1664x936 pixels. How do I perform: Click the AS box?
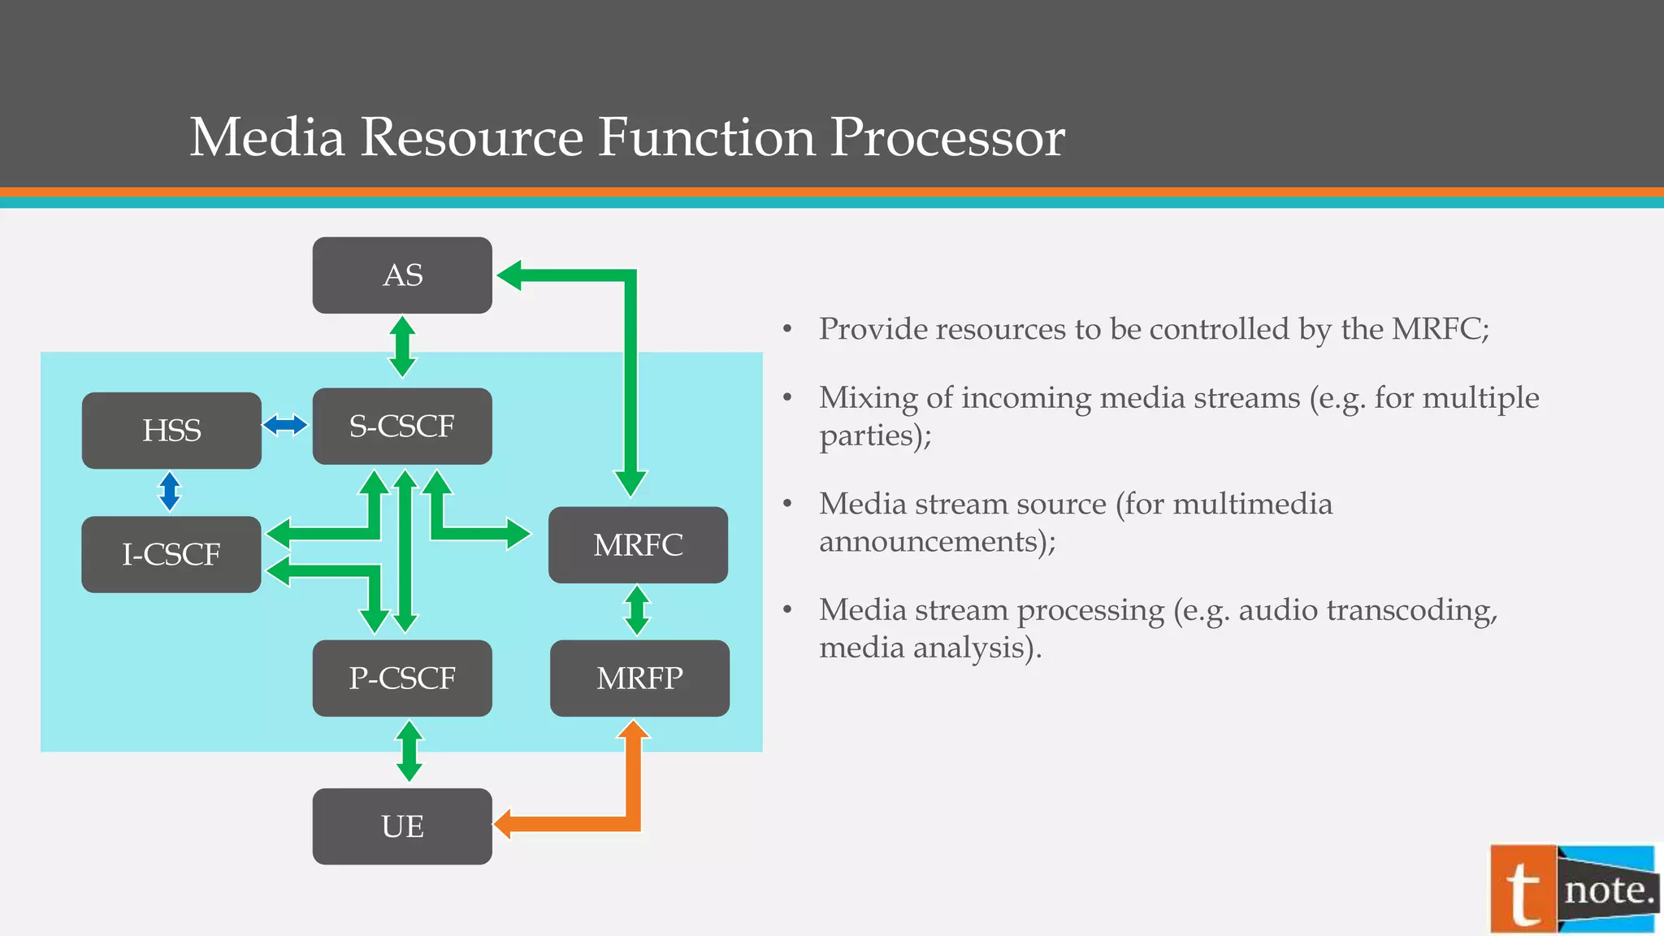pyautogui.click(x=402, y=275)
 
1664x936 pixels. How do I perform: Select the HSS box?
pyautogui.click(x=171, y=431)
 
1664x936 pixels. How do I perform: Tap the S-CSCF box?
pyautogui.click(x=402, y=427)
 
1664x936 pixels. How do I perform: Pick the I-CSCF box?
pyautogui.click(x=171, y=554)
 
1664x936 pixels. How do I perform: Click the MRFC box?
pyautogui.click(x=638, y=545)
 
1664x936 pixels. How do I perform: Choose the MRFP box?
pyautogui.click(x=639, y=678)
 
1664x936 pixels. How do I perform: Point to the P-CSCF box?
pyautogui.click(x=402, y=678)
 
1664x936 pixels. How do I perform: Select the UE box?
pyautogui.click(x=402, y=826)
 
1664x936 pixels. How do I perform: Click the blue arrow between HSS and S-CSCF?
pyautogui.click(x=285, y=424)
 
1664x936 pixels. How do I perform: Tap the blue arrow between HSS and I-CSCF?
pyautogui.click(x=169, y=492)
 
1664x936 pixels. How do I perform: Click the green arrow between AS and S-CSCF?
pyautogui.click(x=402, y=347)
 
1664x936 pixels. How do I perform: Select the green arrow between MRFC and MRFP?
pyautogui.click(x=637, y=610)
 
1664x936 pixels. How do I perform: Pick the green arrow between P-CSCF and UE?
pyautogui.click(x=409, y=752)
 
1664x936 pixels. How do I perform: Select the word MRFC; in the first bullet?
pyautogui.click(x=1440, y=329)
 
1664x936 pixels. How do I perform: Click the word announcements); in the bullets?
pyautogui.click(x=937, y=541)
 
